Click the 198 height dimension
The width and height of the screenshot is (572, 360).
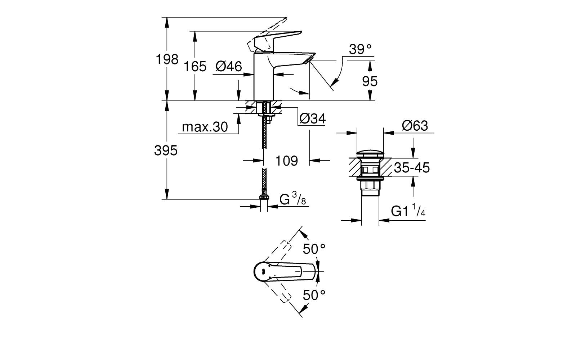(x=167, y=59)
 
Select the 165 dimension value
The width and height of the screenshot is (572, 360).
(x=195, y=66)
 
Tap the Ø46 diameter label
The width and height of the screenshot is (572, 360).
(x=228, y=66)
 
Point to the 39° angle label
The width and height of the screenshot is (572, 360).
(x=360, y=49)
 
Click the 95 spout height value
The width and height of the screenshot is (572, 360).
(x=370, y=81)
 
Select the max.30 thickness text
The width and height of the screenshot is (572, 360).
(x=205, y=127)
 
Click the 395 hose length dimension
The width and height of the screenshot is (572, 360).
(x=166, y=150)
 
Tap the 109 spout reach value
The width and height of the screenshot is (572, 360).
(x=286, y=161)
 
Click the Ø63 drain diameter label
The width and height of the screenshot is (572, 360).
(x=415, y=126)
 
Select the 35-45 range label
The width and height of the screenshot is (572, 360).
(x=412, y=168)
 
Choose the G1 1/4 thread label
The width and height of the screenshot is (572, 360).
(x=408, y=211)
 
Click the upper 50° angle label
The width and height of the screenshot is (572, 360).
(x=314, y=248)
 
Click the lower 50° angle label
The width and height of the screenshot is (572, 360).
(x=314, y=295)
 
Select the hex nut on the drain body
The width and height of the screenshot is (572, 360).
(x=370, y=186)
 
